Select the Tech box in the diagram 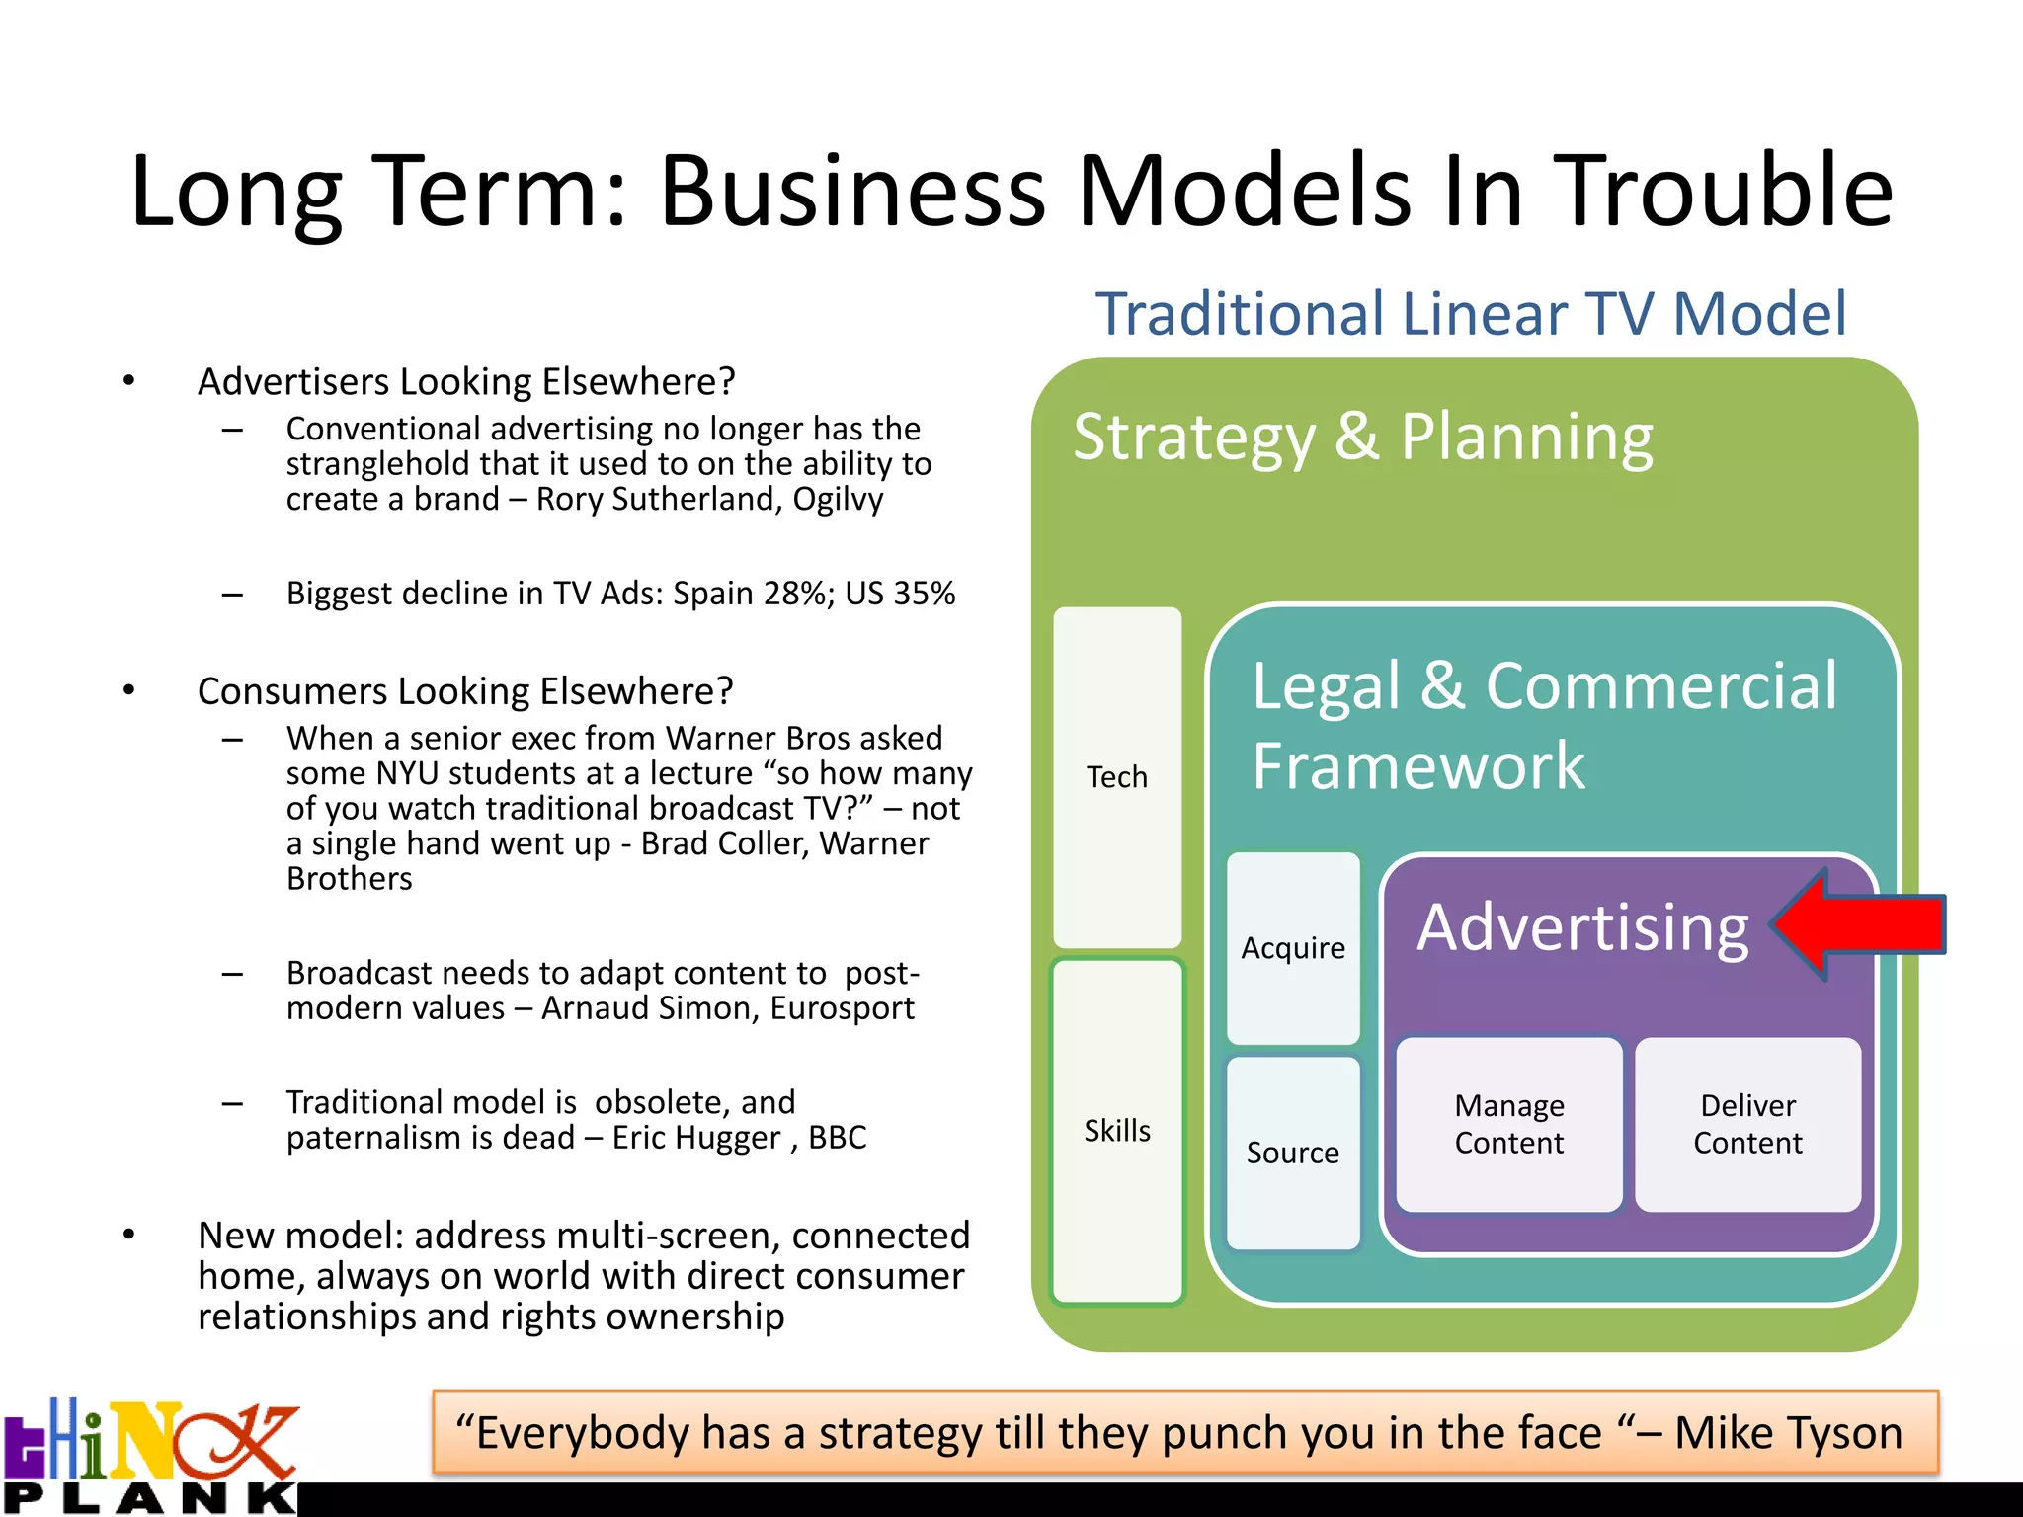click(x=1117, y=777)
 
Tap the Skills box click(x=1117, y=1131)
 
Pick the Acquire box click(x=1293, y=948)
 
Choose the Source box click(x=1293, y=1153)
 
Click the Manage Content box click(x=1508, y=1124)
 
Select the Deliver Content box click(x=1747, y=1124)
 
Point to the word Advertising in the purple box click(x=1582, y=927)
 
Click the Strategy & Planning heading click(x=1363, y=437)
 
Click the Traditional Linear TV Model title click(x=1471, y=314)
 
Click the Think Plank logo click(x=150, y=1458)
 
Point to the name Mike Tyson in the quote click(x=1788, y=1433)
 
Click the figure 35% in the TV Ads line click(x=925, y=594)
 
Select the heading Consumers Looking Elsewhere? click(x=465, y=691)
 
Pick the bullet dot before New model click(x=128, y=1235)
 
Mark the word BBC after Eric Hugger click(x=837, y=1138)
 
